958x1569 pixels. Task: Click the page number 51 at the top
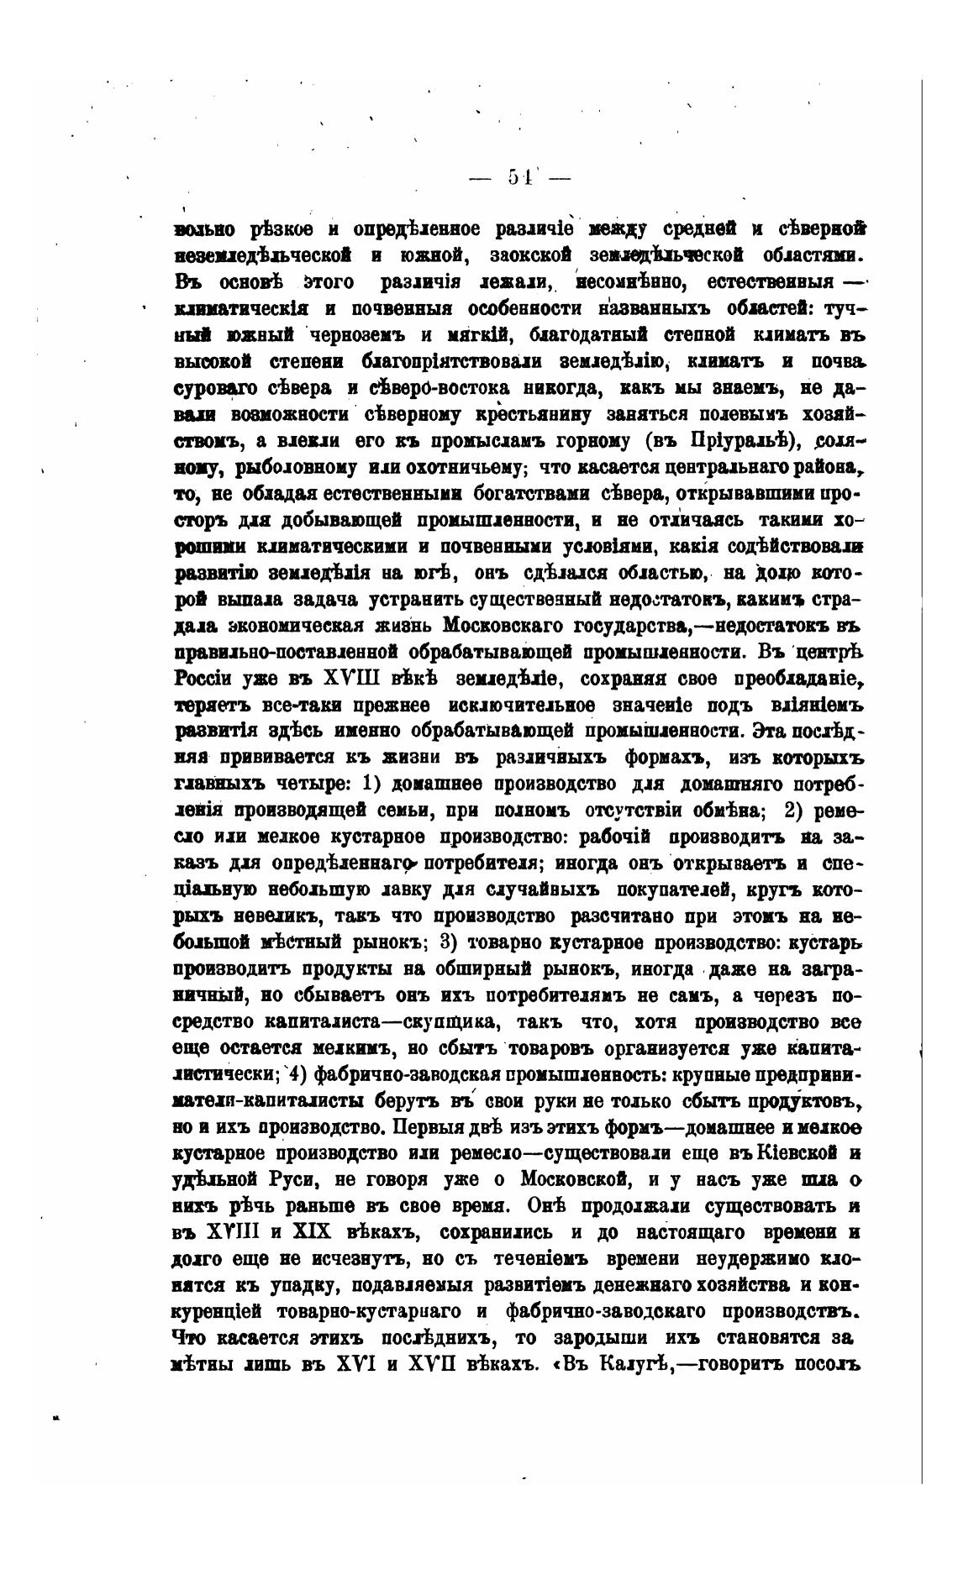[518, 177]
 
